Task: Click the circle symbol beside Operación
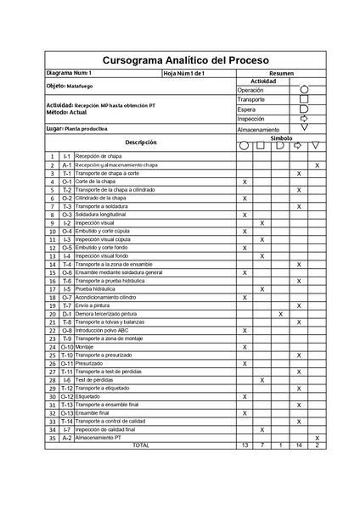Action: tap(304, 89)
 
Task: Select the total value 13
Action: tap(245, 445)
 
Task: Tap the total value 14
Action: tap(299, 445)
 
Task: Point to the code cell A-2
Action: tap(67, 438)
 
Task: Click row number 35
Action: tap(52, 438)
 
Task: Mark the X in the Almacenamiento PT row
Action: tap(317, 438)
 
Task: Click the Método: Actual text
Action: tap(67, 111)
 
